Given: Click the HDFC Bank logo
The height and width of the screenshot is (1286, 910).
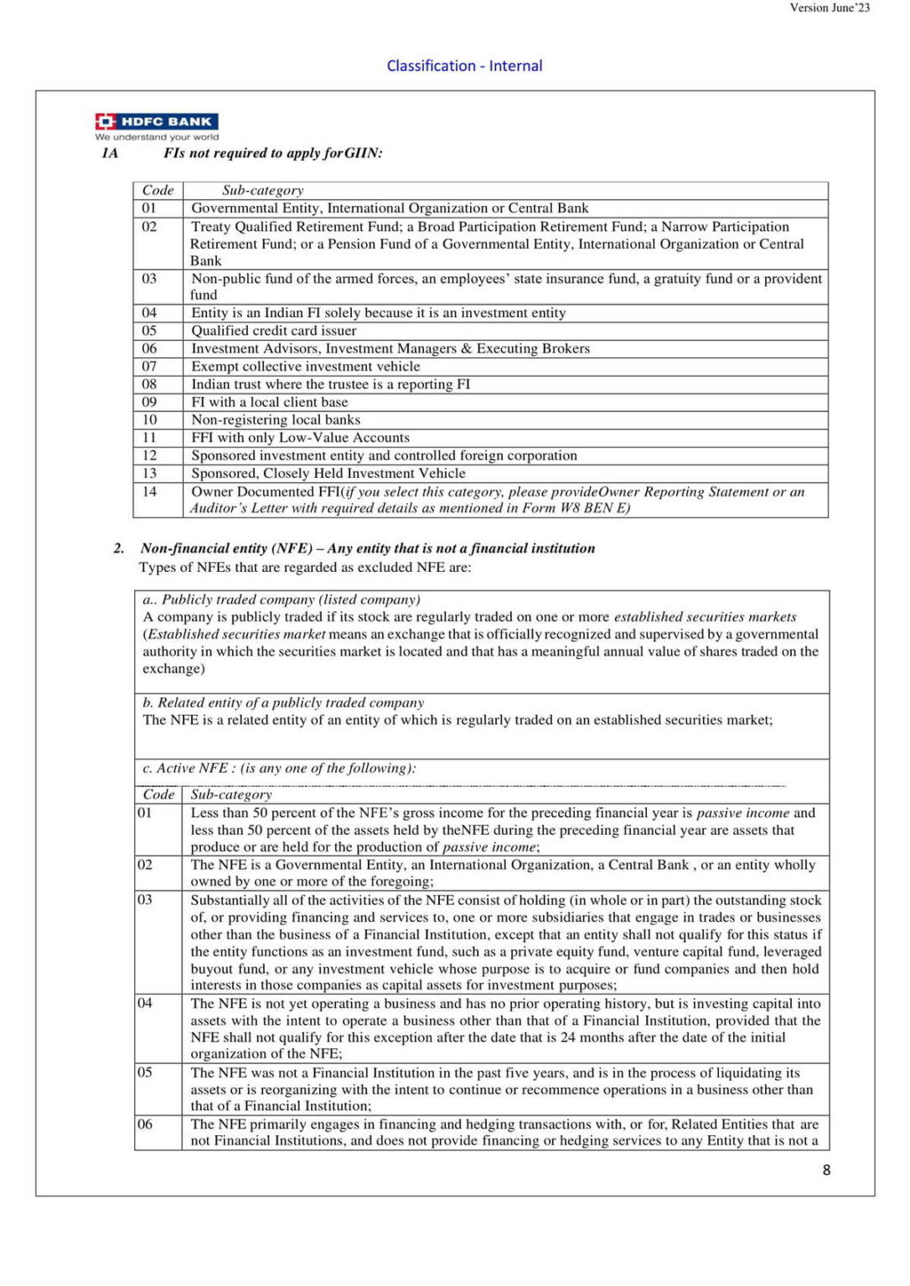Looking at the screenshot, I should tap(157, 121).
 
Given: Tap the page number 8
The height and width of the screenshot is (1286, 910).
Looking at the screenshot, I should tap(826, 1170).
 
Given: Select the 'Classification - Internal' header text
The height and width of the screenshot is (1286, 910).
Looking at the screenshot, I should tap(464, 65).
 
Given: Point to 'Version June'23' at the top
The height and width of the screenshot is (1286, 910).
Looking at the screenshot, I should tap(830, 8).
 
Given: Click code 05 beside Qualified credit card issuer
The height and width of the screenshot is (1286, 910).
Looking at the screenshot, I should tap(149, 331).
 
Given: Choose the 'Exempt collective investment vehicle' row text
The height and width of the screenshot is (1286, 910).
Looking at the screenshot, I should tap(306, 366).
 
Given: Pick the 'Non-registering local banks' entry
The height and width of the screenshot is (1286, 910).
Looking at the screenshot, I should tap(276, 419).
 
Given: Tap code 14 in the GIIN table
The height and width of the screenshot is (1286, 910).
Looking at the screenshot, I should tap(149, 491).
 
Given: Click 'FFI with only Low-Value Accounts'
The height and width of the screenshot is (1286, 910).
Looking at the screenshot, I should tap(300, 437).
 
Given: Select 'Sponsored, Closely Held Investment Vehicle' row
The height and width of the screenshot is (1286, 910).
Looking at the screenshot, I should tap(328, 473).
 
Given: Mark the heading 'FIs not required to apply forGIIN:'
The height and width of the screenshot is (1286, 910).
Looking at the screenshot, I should tap(273, 152).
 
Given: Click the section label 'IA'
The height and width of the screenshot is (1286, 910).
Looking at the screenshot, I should tap(110, 152).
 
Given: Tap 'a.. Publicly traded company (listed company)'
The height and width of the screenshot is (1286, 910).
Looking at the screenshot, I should tap(282, 599).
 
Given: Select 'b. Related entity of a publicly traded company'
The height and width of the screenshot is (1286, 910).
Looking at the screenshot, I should tap(283, 702).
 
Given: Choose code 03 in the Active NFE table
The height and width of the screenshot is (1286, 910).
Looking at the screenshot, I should tap(145, 899).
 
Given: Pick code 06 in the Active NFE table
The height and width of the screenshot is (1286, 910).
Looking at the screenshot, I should tap(145, 1124).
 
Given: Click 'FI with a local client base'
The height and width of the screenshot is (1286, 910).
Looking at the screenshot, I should tap(269, 402).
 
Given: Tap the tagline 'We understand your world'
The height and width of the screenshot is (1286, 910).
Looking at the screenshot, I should tap(157, 136).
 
